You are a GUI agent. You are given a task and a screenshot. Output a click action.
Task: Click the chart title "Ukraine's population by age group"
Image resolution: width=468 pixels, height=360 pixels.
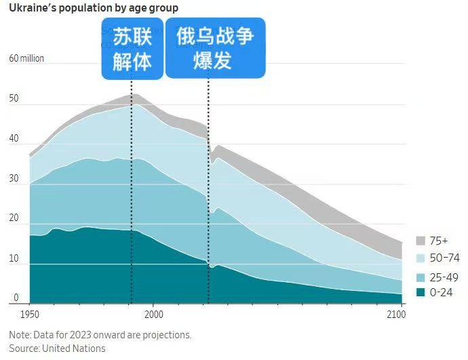(x=94, y=9)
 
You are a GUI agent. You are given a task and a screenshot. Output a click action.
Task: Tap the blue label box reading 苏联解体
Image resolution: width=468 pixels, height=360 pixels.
(x=132, y=49)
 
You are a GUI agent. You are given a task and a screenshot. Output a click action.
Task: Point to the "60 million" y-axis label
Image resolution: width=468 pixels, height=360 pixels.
(x=26, y=58)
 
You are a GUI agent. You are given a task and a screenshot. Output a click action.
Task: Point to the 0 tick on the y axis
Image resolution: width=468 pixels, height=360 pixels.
(x=15, y=298)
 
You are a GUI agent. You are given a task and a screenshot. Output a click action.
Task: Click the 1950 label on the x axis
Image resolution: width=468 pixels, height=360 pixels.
(x=31, y=315)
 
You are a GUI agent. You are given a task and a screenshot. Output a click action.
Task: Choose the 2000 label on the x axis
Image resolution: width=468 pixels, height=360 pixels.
(x=153, y=315)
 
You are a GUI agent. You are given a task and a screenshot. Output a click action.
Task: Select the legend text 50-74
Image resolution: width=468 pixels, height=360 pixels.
(x=444, y=258)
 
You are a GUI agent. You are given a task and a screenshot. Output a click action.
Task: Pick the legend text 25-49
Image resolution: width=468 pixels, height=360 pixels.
(x=444, y=276)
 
